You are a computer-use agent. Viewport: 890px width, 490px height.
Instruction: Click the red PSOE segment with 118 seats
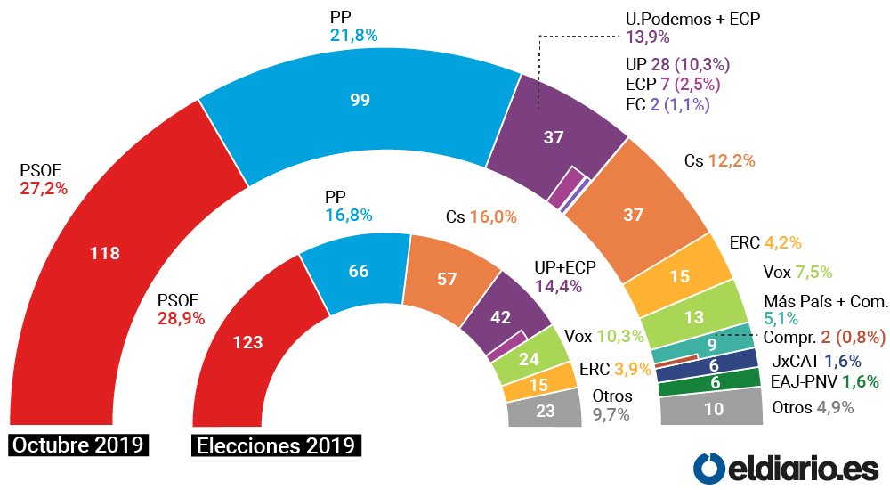[x=105, y=253]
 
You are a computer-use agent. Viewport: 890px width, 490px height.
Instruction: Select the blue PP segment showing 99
[x=360, y=102]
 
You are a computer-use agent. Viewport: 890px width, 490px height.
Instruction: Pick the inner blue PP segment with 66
[x=358, y=272]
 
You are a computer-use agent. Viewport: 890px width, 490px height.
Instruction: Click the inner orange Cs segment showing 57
[x=447, y=279]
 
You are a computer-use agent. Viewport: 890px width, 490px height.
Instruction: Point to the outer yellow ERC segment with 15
[x=679, y=277]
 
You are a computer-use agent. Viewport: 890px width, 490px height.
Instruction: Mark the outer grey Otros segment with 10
[x=711, y=411]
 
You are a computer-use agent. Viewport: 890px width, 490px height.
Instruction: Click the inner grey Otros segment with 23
[x=545, y=412]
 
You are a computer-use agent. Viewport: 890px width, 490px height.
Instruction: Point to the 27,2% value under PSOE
[x=44, y=188]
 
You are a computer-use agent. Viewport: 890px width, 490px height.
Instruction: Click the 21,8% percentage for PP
[x=353, y=35]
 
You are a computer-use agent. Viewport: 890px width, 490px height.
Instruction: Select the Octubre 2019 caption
[x=77, y=445]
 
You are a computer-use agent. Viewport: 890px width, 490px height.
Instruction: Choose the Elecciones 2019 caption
[x=276, y=445]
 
